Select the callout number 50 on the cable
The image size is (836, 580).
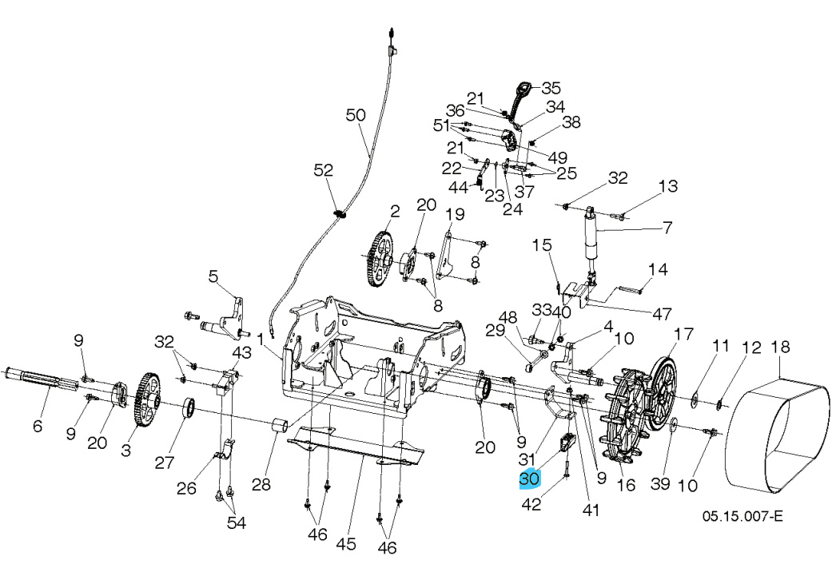tap(356, 115)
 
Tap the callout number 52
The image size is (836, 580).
tap(323, 170)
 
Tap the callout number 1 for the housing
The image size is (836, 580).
tap(261, 339)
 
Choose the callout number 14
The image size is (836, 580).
tap(657, 269)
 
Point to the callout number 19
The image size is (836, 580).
tap(454, 214)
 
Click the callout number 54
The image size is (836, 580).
tap(236, 523)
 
